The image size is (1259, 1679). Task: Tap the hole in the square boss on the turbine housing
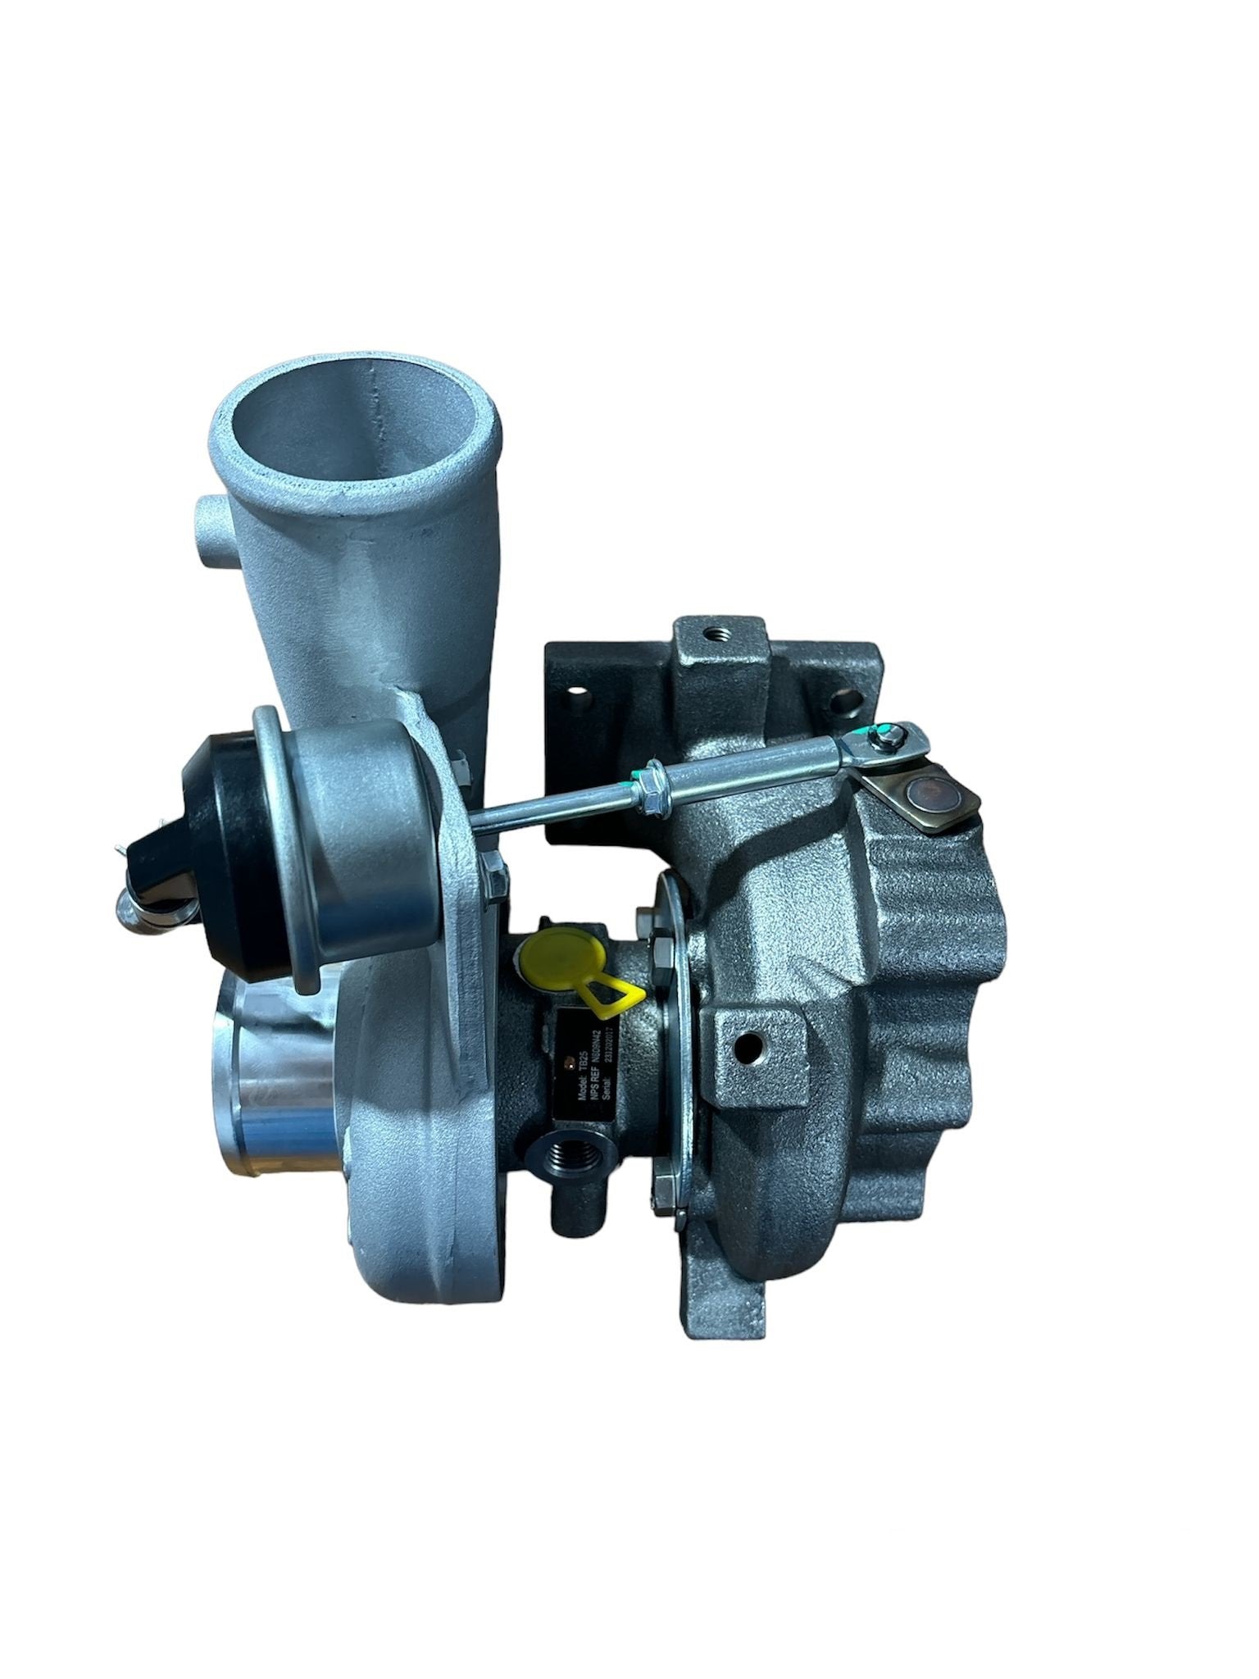(747, 1045)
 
